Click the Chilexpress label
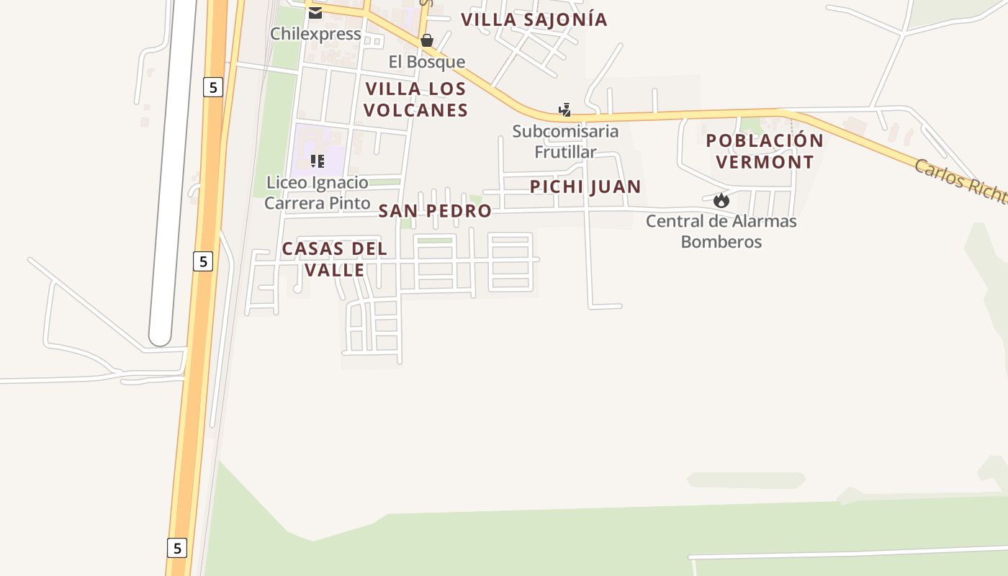pyautogui.click(x=315, y=34)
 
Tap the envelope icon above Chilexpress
pyautogui.click(x=315, y=12)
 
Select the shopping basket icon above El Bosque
pyautogui.click(x=427, y=40)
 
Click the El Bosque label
pyautogui.click(x=427, y=62)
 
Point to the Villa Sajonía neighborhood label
pyautogui.click(x=534, y=19)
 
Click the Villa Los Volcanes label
pyautogui.click(x=415, y=99)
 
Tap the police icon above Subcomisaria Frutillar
pyautogui.click(x=565, y=110)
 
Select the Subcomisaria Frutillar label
pyautogui.click(x=565, y=142)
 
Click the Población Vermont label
pyautogui.click(x=765, y=151)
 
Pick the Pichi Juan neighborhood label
pyautogui.click(x=585, y=187)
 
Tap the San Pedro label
pyautogui.click(x=435, y=211)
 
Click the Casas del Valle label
pyautogui.click(x=334, y=259)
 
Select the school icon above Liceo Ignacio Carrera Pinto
pyautogui.click(x=318, y=161)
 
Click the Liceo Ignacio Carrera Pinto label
pyautogui.click(x=317, y=193)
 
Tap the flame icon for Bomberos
pyautogui.click(x=721, y=200)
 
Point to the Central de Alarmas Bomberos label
pyautogui.click(x=721, y=231)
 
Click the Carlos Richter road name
pyautogui.click(x=960, y=180)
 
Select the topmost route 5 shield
pyautogui.click(x=212, y=88)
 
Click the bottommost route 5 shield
pyautogui.click(x=177, y=548)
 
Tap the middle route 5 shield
pyautogui.click(x=203, y=261)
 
